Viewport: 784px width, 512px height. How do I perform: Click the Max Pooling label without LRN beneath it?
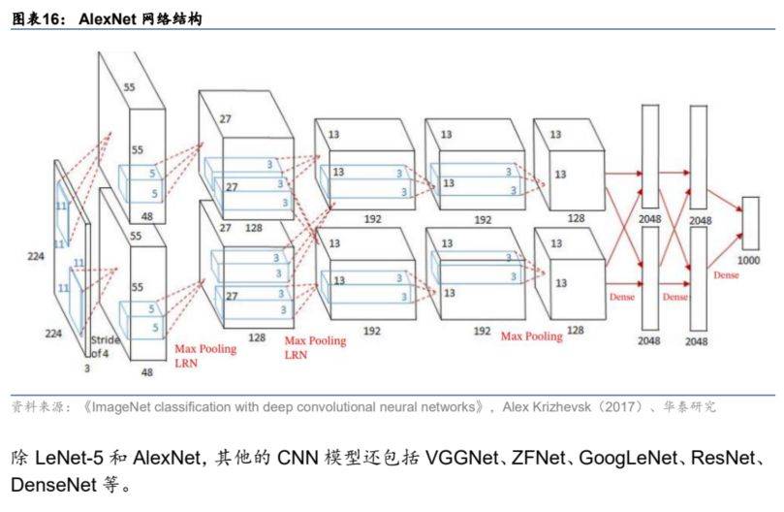(x=531, y=336)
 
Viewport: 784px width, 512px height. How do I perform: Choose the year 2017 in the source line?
(x=621, y=407)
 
